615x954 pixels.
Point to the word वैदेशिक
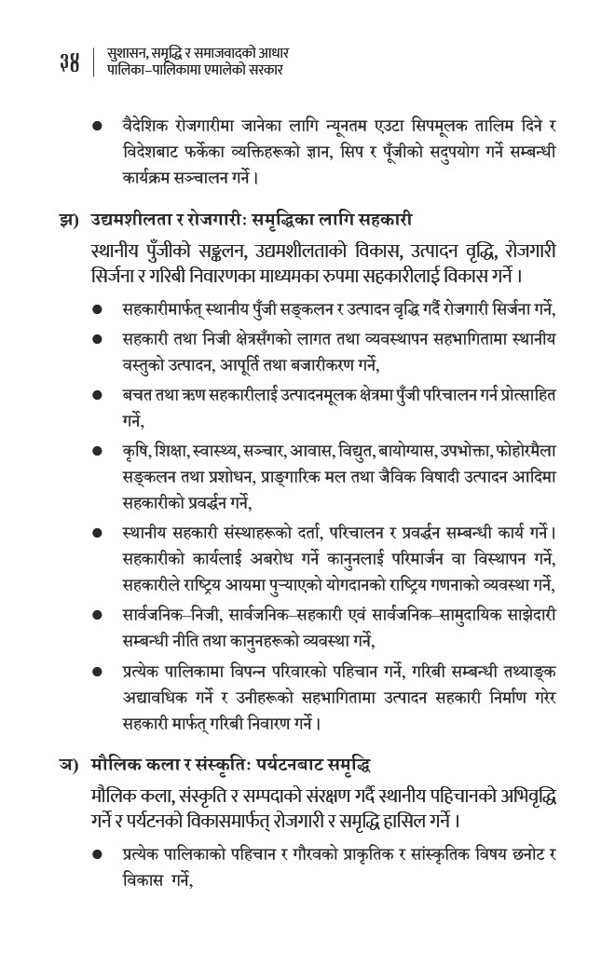[145, 126]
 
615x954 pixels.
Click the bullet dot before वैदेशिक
[97, 126]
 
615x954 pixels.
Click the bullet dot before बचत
[97, 396]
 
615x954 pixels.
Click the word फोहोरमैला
[525, 452]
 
